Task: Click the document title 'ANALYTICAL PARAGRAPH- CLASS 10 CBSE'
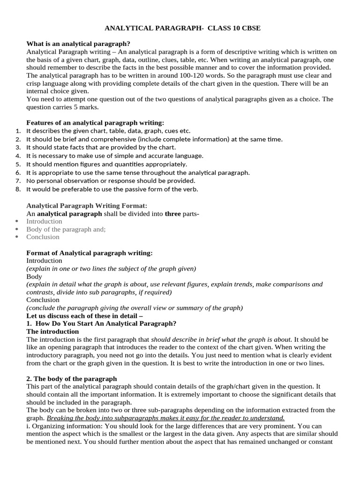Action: [x=182, y=29]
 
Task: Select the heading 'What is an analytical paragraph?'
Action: [x=78, y=44]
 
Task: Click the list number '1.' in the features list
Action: [x=18, y=131]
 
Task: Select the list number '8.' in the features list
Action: [x=18, y=189]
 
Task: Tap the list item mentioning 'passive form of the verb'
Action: [x=112, y=189]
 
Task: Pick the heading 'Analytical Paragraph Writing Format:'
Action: [x=87, y=205]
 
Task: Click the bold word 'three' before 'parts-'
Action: [x=172, y=214]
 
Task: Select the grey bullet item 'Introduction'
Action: [x=44, y=221]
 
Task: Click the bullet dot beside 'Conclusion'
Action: [x=17, y=237]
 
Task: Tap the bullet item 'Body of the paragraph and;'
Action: [x=66, y=229]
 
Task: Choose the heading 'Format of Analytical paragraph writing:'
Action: [x=90, y=253]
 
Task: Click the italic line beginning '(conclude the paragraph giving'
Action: [x=135, y=308]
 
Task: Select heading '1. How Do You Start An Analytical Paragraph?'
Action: [x=101, y=323]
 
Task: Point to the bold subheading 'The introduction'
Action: [x=52, y=331]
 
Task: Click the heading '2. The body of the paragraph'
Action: [x=72, y=379]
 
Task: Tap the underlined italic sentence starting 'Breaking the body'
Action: [x=165, y=418]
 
